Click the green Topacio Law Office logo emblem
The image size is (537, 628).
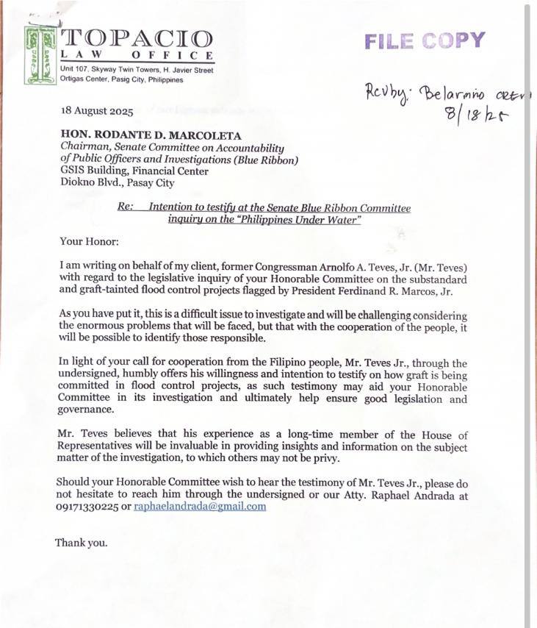click(41, 55)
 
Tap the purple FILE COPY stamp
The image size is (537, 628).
click(425, 40)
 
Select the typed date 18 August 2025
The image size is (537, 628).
click(97, 112)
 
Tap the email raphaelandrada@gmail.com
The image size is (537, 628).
click(200, 507)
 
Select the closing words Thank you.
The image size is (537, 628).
click(81, 543)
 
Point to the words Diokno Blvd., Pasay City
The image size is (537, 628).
click(117, 183)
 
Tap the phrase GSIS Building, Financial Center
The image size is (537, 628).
click(134, 171)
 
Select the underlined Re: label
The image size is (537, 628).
click(125, 208)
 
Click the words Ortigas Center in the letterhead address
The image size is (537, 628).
click(84, 79)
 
